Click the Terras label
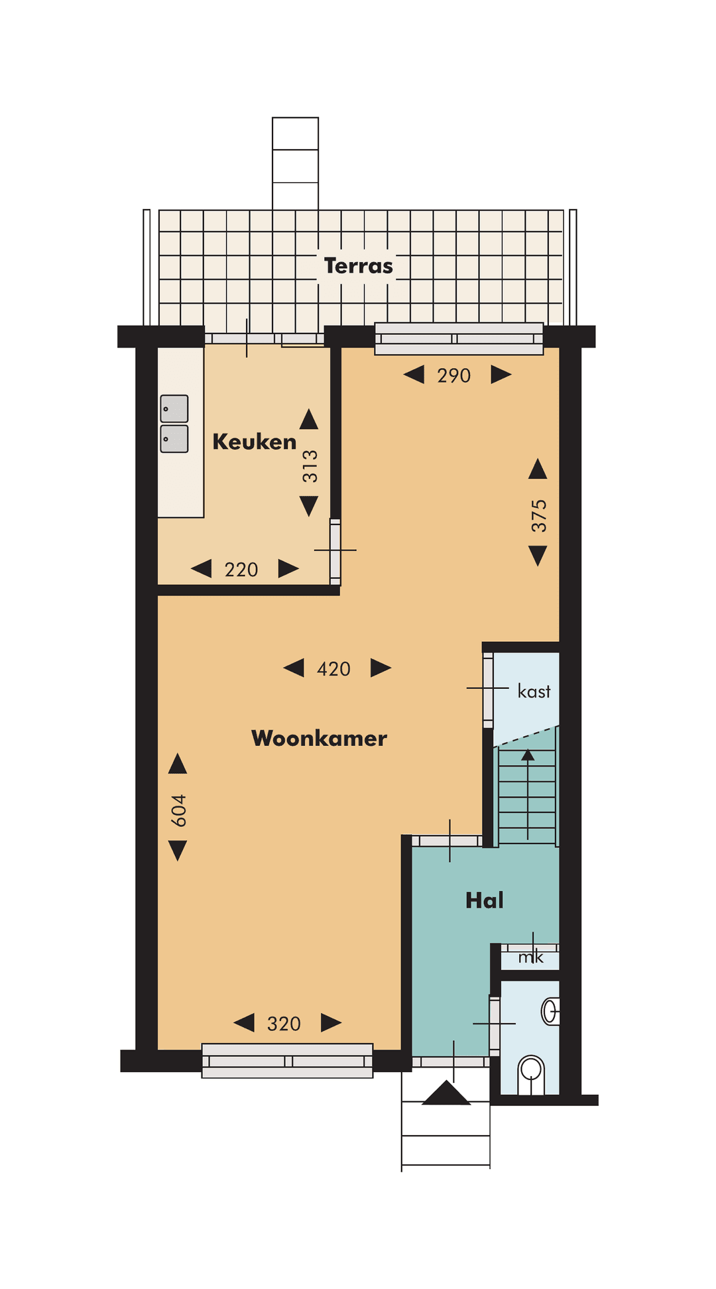coord(358,266)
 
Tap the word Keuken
coord(254,442)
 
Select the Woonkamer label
coord(319,738)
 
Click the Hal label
coord(485,900)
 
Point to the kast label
coord(534,692)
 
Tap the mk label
coord(531,957)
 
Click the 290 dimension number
coord(454,376)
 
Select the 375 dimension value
coord(539,516)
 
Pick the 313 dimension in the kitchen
coord(310,466)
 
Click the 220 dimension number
coord(241,570)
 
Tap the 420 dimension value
coord(333,669)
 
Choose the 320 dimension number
coord(284,1024)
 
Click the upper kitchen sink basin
coord(174,409)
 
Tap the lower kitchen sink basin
coord(174,439)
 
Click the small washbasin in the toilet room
coord(550,1011)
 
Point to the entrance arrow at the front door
coord(446,1093)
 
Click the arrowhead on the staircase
coord(528,755)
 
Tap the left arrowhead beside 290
coord(414,375)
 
